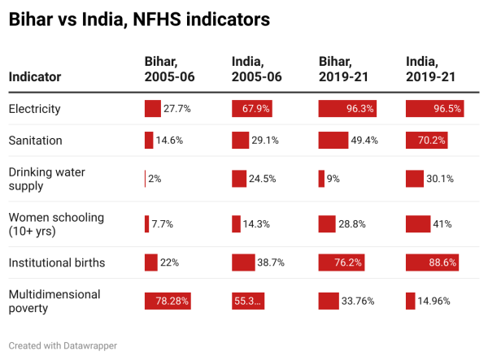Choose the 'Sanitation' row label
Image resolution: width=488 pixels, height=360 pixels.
click(35, 141)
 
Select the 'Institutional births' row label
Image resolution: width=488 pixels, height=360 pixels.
click(57, 263)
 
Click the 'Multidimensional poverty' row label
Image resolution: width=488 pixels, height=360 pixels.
click(54, 301)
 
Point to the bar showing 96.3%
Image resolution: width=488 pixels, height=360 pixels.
click(347, 109)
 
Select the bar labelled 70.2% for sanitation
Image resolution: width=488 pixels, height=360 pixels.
click(427, 141)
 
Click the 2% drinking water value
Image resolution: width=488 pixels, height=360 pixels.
click(155, 179)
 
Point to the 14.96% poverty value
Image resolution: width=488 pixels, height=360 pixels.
click(434, 301)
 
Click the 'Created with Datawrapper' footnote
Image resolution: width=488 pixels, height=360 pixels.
click(63, 345)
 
